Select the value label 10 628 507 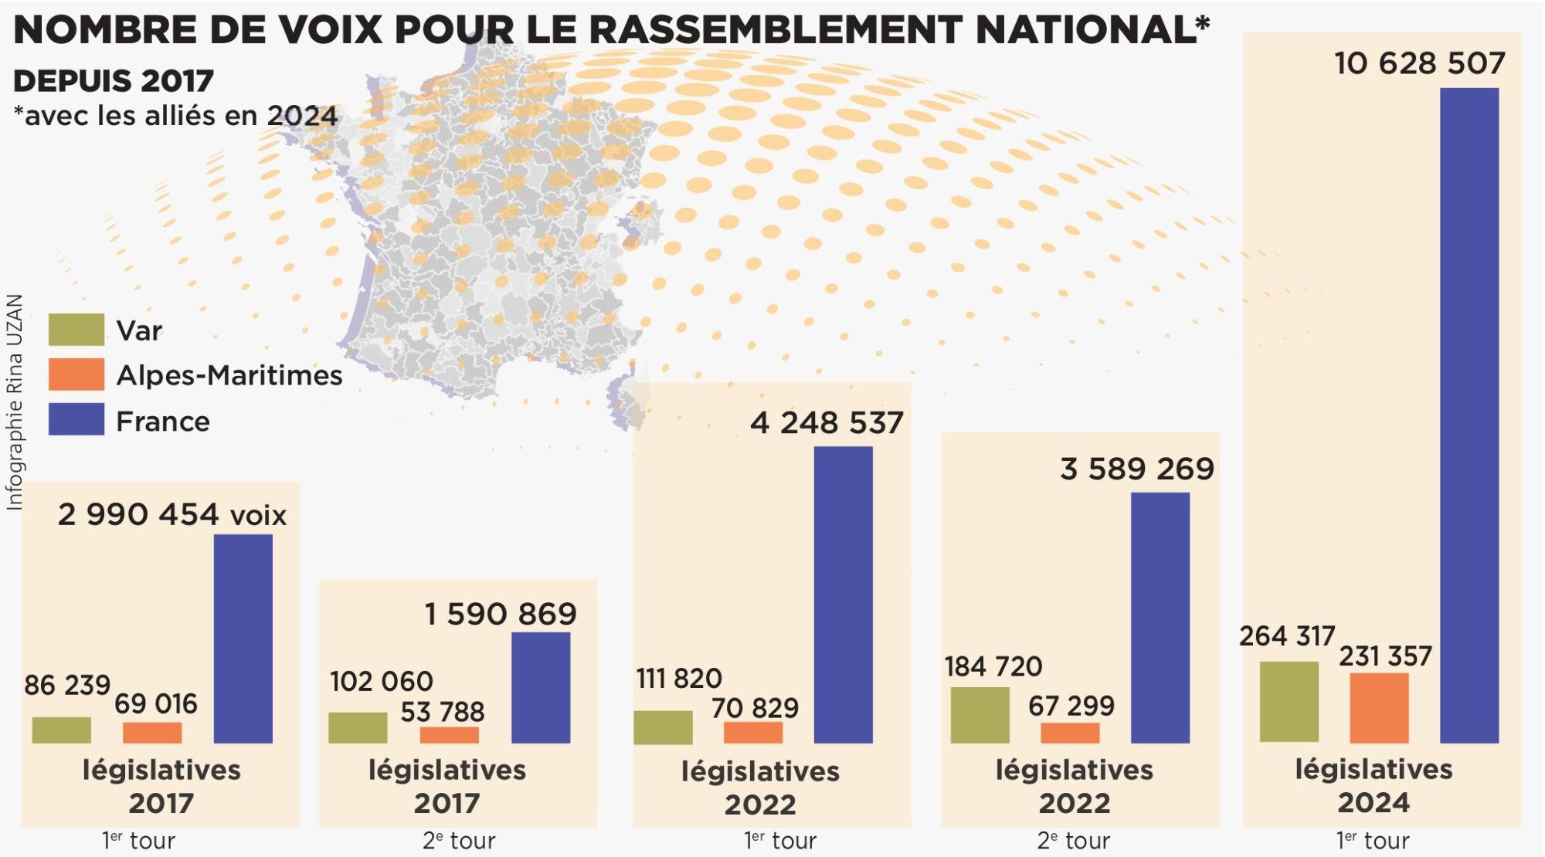pyautogui.click(x=1420, y=63)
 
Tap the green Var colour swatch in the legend pyautogui.click(x=76, y=330)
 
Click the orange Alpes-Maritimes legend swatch pyautogui.click(x=76, y=374)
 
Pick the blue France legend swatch pyautogui.click(x=76, y=419)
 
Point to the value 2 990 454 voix pyautogui.click(x=171, y=514)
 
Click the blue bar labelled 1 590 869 pyautogui.click(x=541, y=687)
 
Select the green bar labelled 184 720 pyautogui.click(x=980, y=715)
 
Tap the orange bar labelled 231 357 pyautogui.click(x=1379, y=708)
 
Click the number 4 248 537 pyautogui.click(x=826, y=423)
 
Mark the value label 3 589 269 pyautogui.click(x=1136, y=469)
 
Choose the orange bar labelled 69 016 pyautogui.click(x=152, y=733)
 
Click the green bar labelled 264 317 pyautogui.click(x=1289, y=702)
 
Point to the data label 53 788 pyautogui.click(x=442, y=711)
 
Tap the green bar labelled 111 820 pyautogui.click(x=663, y=727)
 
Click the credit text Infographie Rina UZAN pyautogui.click(x=14, y=401)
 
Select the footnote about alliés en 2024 pyautogui.click(x=175, y=116)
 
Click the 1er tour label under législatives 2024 pyautogui.click(x=1373, y=840)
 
